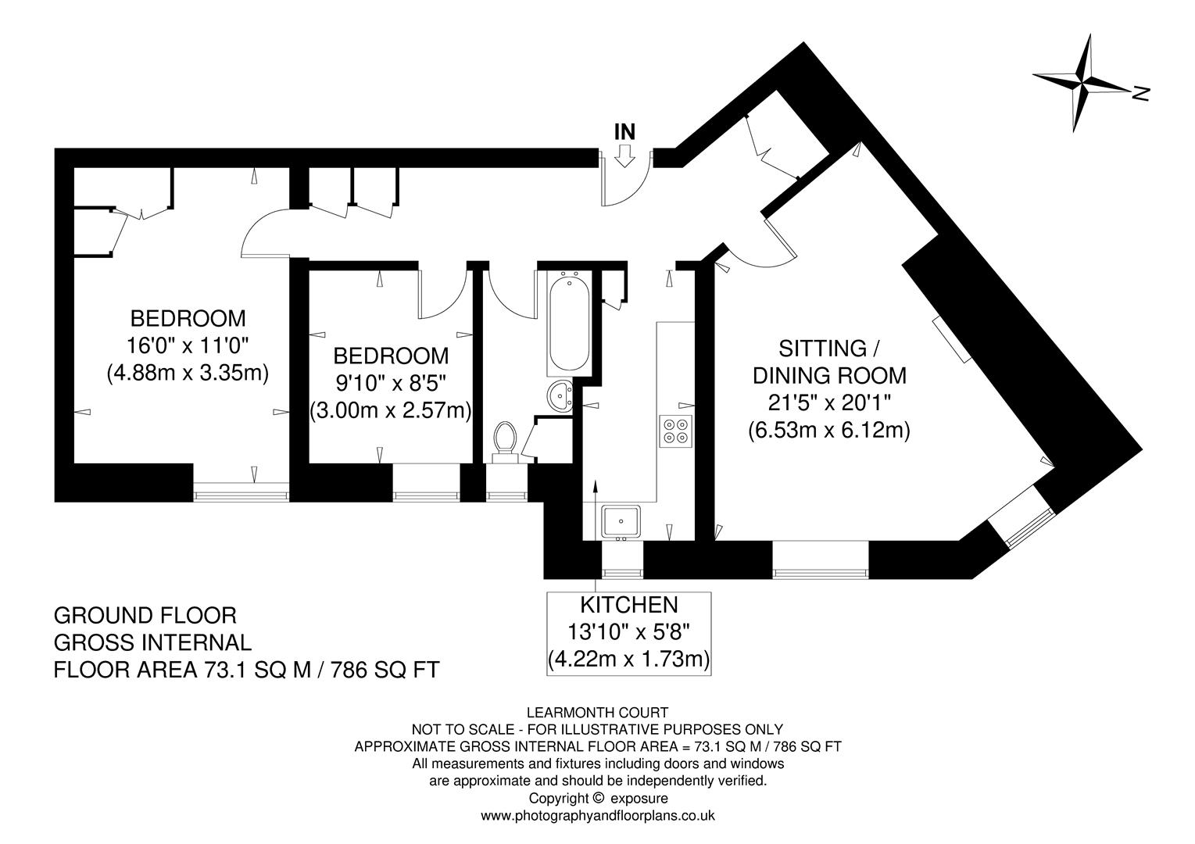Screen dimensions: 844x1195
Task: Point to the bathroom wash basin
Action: point(560,396)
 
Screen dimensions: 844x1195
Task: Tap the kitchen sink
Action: point(621,520)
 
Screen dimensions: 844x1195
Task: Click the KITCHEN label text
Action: point(628,604)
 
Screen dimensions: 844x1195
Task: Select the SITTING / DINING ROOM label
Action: point(828,362)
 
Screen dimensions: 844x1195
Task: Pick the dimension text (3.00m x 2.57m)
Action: point(391,409)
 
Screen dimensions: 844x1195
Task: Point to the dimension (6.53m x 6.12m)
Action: point(828,429)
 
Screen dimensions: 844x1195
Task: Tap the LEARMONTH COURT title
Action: point(598,712)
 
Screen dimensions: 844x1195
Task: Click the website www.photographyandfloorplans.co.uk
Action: point(598,815)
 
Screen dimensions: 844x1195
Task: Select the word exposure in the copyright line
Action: point(639,798)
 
